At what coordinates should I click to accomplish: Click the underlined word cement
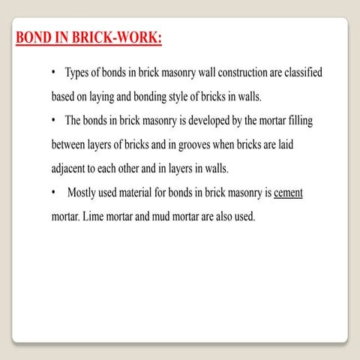tap(288, 193)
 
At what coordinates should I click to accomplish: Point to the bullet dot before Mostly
tap(55, 193)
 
